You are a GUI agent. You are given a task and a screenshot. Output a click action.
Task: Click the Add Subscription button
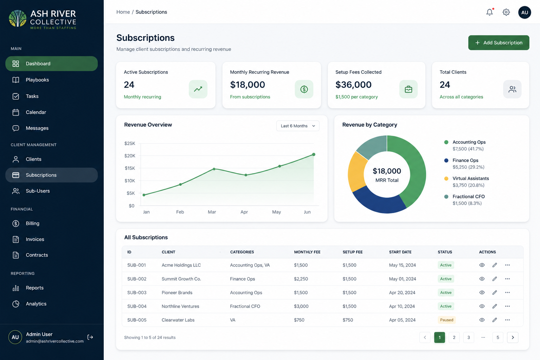click(x=499, y=43)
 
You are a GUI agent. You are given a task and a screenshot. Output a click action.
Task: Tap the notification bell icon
click(x=490, y=12)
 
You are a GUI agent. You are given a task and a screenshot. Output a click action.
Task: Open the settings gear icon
click(x=506, y=12)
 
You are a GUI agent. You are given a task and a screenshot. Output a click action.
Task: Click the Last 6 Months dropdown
click(x=298, y=126)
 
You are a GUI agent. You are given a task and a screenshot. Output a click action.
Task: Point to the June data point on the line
click(x=314, y=154)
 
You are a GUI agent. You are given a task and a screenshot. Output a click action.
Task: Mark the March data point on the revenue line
click(x=214, y=169)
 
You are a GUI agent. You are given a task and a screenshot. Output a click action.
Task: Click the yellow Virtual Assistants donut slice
click(x=356, y=172)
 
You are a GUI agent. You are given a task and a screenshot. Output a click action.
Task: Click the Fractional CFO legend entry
click(x=464, y=200)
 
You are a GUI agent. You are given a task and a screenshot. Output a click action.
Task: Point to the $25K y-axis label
click(x=130, y=143)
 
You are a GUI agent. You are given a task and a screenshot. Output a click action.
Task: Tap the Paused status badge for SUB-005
click(x=447, y=320)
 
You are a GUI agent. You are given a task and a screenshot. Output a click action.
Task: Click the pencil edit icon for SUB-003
click(x=495, y=292)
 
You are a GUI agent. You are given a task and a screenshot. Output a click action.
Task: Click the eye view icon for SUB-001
click(x=482, y=265)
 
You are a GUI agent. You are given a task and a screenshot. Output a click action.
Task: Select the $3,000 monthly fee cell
click(x=301, y=306)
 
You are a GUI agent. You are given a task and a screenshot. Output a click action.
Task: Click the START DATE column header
click(x=400, y=252)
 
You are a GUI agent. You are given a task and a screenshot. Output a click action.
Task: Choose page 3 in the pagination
click(x=469, y=337)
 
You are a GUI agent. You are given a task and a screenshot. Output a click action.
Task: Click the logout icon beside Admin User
click(x=90, y=337)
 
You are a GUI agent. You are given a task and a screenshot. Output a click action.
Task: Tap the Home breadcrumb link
click(x=123, y=12)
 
